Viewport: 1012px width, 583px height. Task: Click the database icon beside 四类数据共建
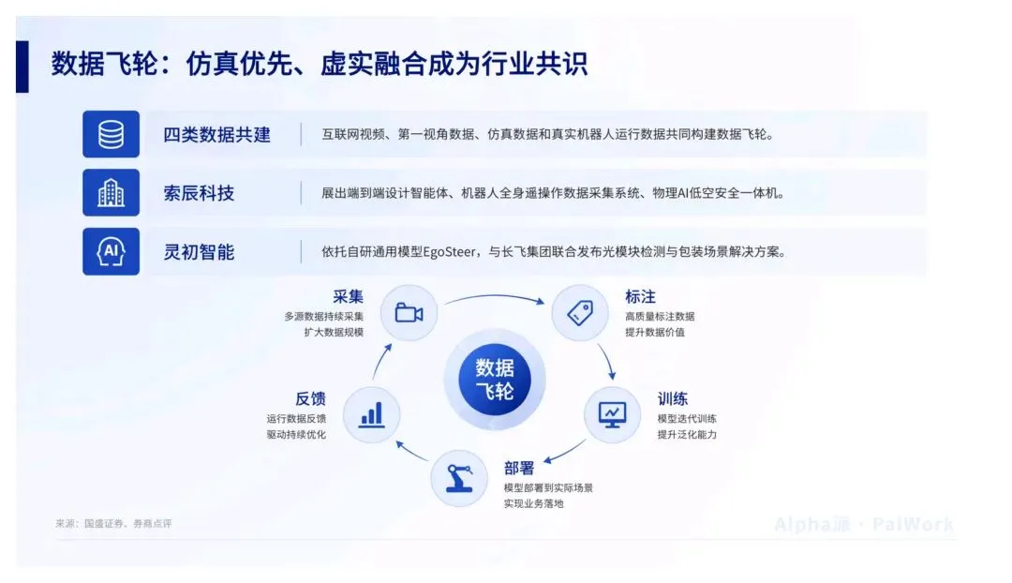tap(111, 134)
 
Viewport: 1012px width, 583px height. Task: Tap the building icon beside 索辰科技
tap(111, 192)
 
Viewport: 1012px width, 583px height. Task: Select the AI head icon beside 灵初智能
tap(111, 251)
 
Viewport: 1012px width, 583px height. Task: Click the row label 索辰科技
tap(199, 193)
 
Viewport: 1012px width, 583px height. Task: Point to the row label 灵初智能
tap(199, 252)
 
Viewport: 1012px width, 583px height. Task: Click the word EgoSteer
tap(449, 252)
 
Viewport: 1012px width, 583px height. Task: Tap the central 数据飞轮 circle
tap(495, 379)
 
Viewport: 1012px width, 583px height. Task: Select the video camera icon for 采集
tap(409, 312)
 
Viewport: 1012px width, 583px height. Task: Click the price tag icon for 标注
tap(580, 312)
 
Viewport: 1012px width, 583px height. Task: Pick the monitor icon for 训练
tap(612, 414)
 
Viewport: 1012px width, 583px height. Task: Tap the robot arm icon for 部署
tap(459, 478)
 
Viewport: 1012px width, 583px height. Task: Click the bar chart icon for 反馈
tap(372, 414)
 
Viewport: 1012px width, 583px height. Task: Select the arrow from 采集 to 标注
tap(495, 297)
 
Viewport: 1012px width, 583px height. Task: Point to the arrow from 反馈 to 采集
tap(380, 362)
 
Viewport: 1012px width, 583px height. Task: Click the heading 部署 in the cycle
tap(519, 468)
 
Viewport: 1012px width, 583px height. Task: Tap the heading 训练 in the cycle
tap(673, 398)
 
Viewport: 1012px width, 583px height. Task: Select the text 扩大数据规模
tap(334, 332)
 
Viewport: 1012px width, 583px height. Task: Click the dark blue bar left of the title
tap(22, 67)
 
